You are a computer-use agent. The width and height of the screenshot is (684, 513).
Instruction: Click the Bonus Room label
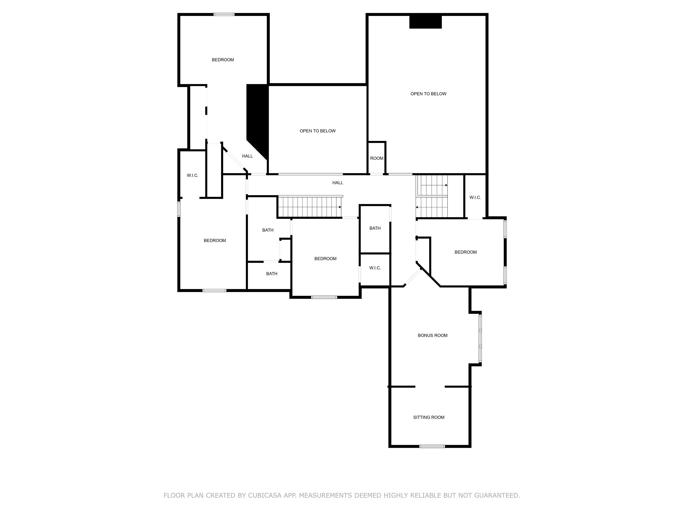[x=432, y=335]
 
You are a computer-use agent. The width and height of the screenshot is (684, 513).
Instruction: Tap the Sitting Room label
[x=429, y=417]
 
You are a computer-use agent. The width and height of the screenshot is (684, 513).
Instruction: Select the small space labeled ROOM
[x=377, y=158]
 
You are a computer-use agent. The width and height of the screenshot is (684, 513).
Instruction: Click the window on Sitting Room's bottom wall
[x=432, y=446]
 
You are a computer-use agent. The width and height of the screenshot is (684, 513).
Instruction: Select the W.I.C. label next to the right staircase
[x=475, y=197]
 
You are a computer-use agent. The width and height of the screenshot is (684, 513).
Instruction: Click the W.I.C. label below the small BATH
[x=375, y=268]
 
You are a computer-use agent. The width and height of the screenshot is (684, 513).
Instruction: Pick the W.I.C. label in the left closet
[x=192, y=175]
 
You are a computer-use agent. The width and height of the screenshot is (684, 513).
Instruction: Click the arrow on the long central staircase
[x=340, y=207]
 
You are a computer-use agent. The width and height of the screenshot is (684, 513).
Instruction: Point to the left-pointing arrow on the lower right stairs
[x=417, y=207]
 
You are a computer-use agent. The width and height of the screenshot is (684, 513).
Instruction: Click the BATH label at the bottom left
[x=271, y=274]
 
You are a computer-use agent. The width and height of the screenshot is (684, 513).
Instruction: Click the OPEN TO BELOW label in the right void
[x=428, y=94]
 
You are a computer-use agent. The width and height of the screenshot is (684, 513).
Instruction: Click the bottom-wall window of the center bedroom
[x=324, y=297]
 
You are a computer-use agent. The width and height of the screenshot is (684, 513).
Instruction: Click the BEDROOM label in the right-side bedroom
[x=465, y=252]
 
